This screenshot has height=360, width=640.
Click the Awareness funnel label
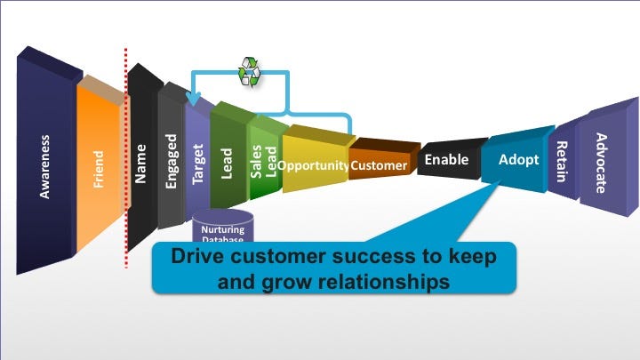pyautogui.click(x=44, y=166)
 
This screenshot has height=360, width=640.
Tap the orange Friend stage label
pyautogui.click(x=99, y=169)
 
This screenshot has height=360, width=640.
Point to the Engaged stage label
pyautogui.click(x=171, y=164)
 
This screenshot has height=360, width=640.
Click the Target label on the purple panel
pyautogui.click(x=198, y=164)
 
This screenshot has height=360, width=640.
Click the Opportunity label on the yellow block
pyautogui.click(x=312, y=165)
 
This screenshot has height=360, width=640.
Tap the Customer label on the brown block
pyautogui.click(x=379, y=165)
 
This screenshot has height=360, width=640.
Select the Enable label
pyautogui.click(x=446, y=160)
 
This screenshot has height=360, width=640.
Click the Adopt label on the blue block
pyautogui.click(x=518, y=161)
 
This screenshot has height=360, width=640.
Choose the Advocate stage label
pyautogui.click(x=601, y=163)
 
